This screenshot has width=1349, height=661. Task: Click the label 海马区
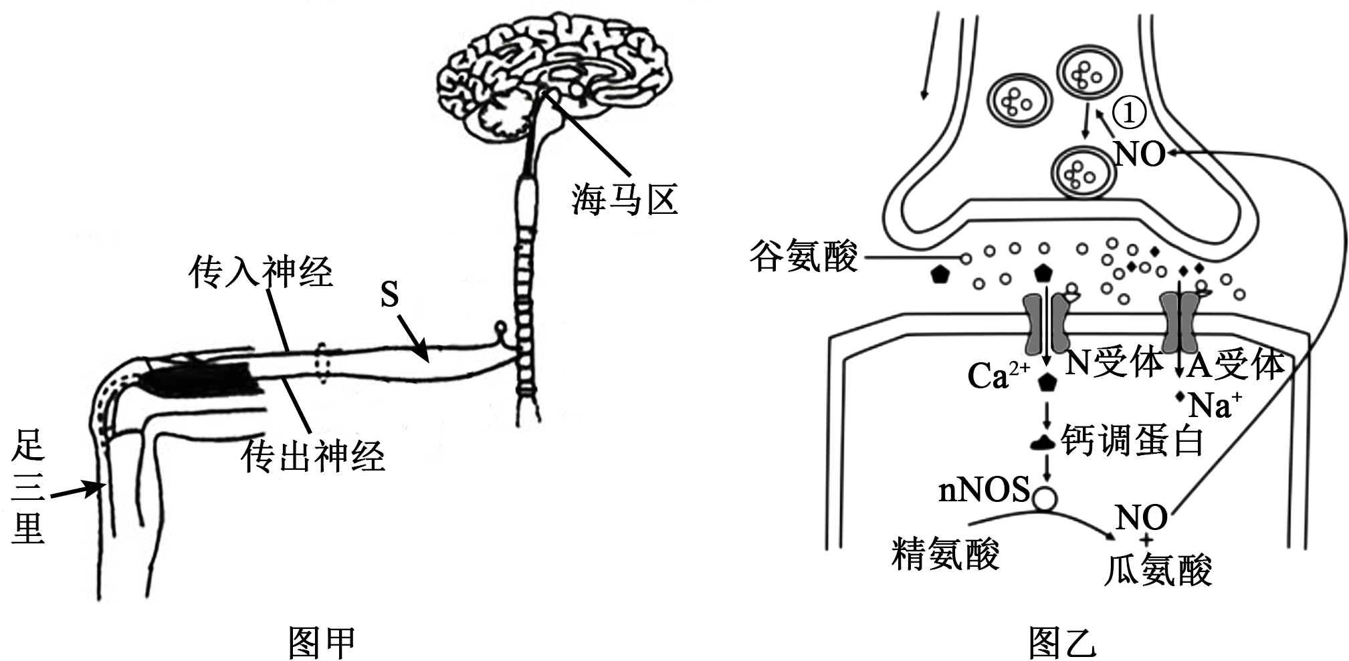[x=624, y=199]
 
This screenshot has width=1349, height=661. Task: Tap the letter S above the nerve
[x=389, y=294]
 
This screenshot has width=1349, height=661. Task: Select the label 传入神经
[x=261, y=272]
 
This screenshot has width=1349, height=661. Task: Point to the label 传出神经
[x=313, y=456]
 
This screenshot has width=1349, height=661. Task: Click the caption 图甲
[x=321, y=643]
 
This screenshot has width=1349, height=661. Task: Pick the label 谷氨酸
[x=803, y=256]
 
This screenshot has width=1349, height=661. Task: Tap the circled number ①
[x=1129, y=113]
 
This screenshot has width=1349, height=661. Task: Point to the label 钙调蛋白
[x=1132, y=442]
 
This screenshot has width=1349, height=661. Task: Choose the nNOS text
[x=984, y=491]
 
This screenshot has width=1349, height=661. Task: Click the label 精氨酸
[x=945, y=554]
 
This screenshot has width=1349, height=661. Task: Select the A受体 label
[x=1236, y=365]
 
